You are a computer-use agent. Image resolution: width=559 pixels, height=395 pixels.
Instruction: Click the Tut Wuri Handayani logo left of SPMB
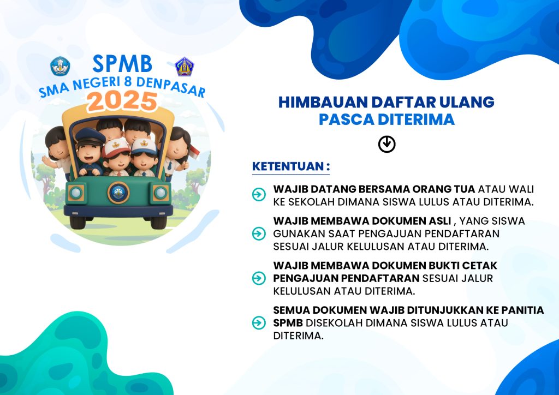point(60,66)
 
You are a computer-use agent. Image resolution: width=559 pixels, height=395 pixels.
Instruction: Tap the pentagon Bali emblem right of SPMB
point(185,66)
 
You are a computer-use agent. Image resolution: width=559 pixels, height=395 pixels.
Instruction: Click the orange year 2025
point(122,101)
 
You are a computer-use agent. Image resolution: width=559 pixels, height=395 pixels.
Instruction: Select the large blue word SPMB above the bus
point(122,64)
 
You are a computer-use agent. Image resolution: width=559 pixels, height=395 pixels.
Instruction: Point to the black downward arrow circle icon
point(387,144)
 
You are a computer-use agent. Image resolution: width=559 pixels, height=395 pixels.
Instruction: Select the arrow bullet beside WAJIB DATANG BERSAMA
point(259,194)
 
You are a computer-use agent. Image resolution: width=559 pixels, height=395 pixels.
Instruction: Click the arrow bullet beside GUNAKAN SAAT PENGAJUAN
point(259,234)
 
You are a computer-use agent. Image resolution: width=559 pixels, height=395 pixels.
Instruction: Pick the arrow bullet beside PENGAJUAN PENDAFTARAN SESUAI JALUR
point(259,278)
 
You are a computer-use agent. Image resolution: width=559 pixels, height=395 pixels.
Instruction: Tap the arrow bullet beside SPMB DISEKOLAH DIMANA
point(259,322)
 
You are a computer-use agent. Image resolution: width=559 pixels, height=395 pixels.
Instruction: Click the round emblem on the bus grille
point(118,193)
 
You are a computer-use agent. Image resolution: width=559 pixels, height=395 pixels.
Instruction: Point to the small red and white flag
point(194,152)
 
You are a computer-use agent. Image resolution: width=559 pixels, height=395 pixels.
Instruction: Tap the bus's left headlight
point(76,193)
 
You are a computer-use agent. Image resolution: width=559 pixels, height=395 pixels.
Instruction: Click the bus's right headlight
point(160,193)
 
